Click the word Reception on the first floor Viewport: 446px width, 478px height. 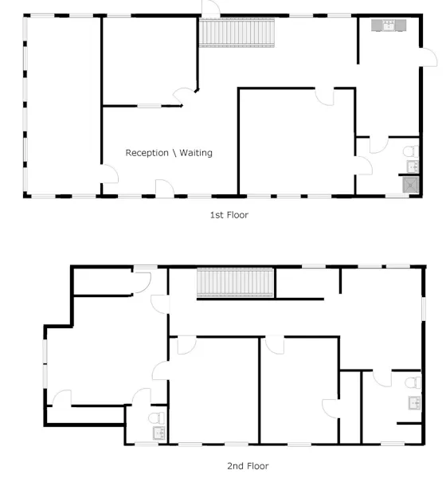point(147,153)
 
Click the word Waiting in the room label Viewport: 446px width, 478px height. point(196,153)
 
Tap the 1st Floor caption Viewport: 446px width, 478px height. point(229,215)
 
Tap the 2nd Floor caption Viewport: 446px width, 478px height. point(248,466)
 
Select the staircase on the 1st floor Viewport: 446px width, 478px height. point(237,33)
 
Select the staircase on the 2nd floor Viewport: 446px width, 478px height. point(235,283)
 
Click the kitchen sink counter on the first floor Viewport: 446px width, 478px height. point(389,25)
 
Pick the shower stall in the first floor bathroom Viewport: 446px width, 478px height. point(411,185)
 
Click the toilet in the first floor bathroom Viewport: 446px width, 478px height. point(411,151)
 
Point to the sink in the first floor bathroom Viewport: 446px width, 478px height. point(413,167)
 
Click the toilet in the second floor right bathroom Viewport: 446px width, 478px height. point(413,382)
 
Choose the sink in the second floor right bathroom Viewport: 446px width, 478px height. point(415,403)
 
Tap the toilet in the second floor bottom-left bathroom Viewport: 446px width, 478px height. point(157,418)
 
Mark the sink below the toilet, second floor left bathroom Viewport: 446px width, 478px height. point(159,433)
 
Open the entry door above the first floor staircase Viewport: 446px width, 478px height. point(211,9)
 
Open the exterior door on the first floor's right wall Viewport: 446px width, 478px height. point(428,57)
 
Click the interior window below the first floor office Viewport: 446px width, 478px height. point(149,106)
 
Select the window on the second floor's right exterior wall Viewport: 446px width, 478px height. point(424,308)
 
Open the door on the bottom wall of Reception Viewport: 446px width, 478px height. point(165,188)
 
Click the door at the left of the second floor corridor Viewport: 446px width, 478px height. point(160,304)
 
